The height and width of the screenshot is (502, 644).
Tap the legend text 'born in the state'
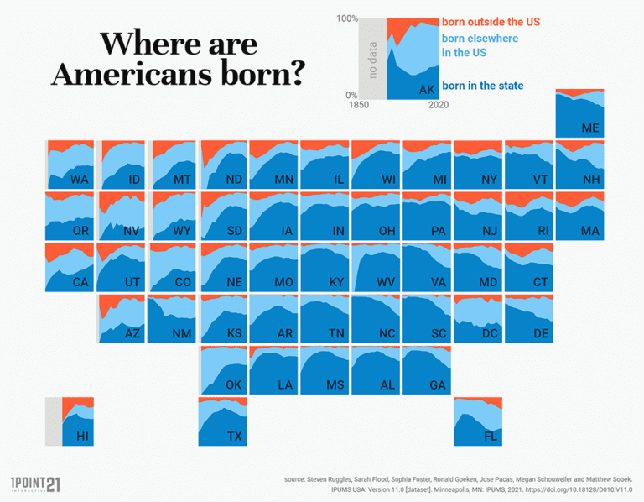tap(482, 86)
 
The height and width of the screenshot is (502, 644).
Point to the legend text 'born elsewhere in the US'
tap(480, 45)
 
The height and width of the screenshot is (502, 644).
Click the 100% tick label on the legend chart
tap(346, 18)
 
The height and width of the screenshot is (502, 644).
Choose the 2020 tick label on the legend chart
tap(437, 106)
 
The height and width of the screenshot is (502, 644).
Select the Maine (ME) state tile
tap(579, 113)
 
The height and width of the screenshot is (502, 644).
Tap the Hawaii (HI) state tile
tap(70, 421)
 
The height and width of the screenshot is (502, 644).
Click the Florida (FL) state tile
tap(478, 421)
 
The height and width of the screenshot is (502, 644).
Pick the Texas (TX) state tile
tap(223, 421)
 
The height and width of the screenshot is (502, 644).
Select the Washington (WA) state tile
tap(70, 165)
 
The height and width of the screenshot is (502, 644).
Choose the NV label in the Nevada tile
tap(132, 231)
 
